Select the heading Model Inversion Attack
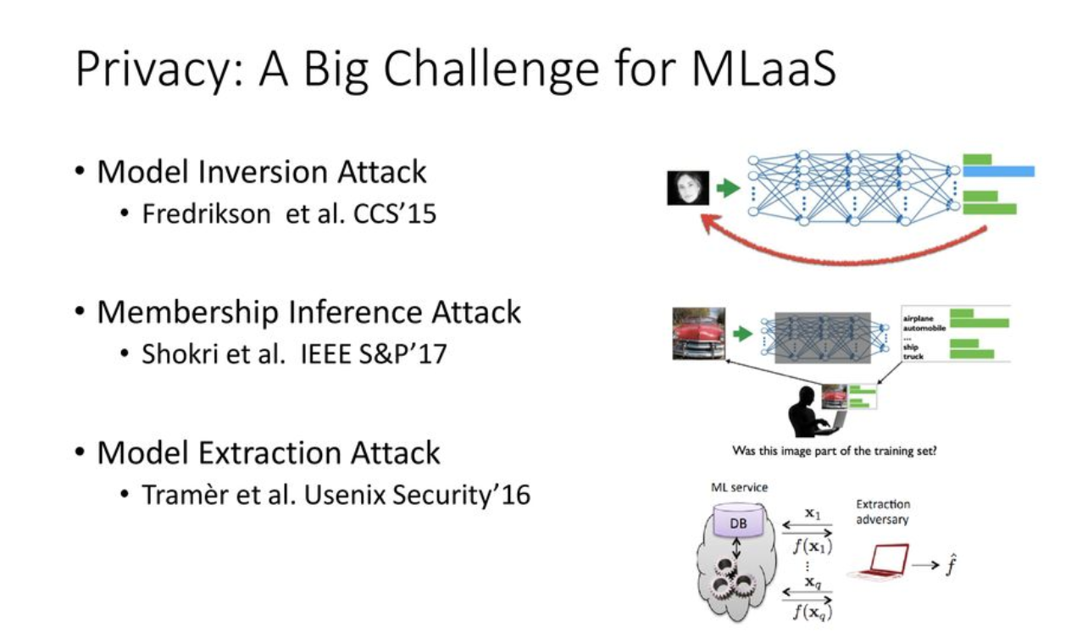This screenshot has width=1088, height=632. click(x=262, y=172)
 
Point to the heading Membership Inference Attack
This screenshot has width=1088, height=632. click(x=308, y=313)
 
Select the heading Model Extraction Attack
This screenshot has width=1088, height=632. click(x=269, y=452)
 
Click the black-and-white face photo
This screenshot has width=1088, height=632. click(x=687, y=188)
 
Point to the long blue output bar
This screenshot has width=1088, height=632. click(x=998, y=171)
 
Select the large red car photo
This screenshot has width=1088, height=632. click(x=698, y=333)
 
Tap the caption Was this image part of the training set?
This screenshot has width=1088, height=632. click(x=834, y=452)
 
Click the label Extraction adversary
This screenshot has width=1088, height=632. click(x=882, y=512)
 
